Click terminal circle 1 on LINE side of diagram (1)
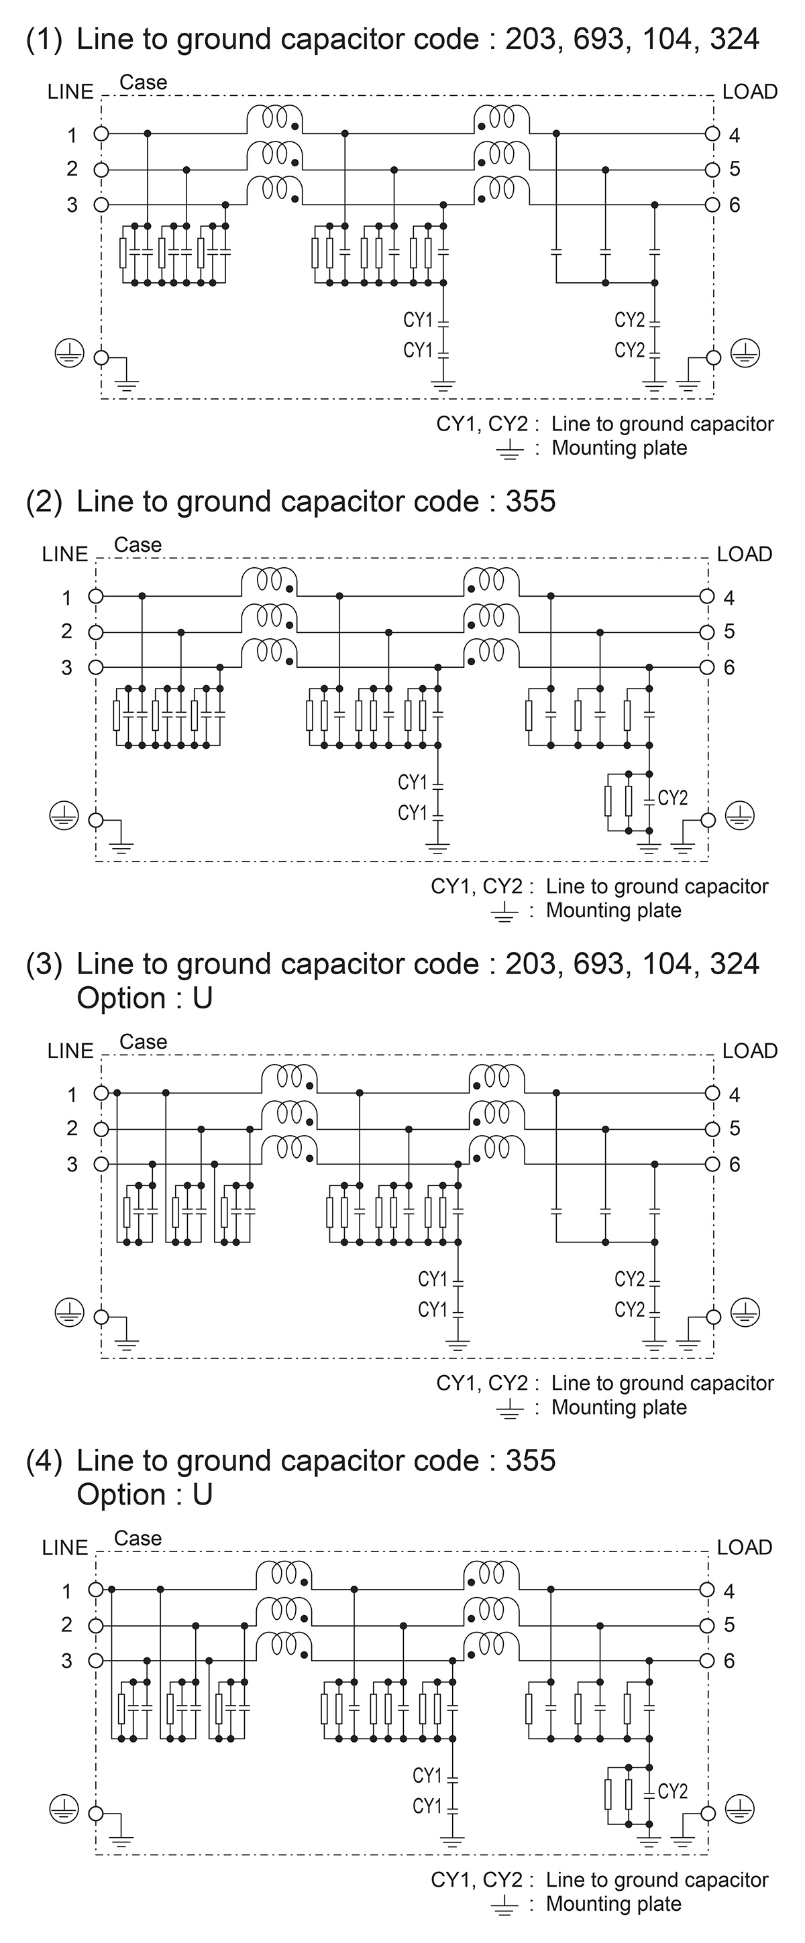click(x=101, y=134)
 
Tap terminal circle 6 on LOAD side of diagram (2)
click(x=706, y=668)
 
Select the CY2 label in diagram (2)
click(x=673, y=798)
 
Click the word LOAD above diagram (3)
click(x=749, y=1051)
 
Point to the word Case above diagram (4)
click(x=138, y=1537)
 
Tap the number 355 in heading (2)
click(x=531, y=502)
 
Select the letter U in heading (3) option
click(x=202, y=998)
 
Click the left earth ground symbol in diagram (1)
click(x=69, y=353)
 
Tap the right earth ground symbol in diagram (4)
click(x=739, y=1808)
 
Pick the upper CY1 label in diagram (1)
click(x=418, y=320)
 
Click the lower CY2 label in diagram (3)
click(x=629, y=1310)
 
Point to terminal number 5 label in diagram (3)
click(x=734, y=1128)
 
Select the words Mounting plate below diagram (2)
click(x=613, y=910)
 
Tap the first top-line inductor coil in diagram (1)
click(x=275, y=119)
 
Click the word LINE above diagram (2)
click(x=65, y=554)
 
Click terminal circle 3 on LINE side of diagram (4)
click(x=96, y=1660)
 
